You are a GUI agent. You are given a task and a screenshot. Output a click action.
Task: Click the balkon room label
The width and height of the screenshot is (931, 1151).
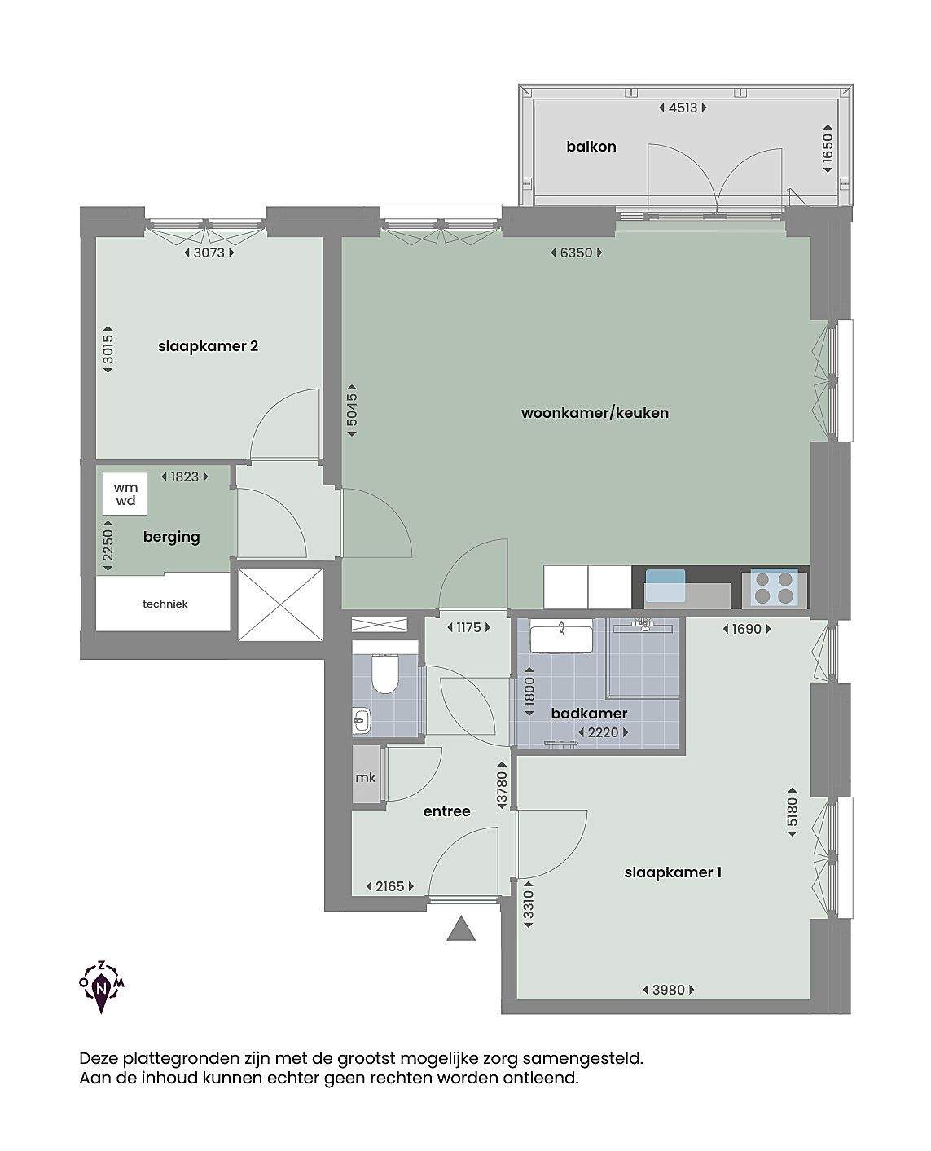pyautogui.click(x=591, y=147)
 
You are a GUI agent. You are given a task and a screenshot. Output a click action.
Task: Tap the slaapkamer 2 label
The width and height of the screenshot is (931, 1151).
pyautogui.click(x=208, y=346)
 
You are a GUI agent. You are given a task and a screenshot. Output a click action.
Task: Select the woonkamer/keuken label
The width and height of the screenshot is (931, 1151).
pyautogui.click(x=595, y=413)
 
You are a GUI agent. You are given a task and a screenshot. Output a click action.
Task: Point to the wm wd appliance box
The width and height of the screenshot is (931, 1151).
pyautogui.click(x=125, y=493)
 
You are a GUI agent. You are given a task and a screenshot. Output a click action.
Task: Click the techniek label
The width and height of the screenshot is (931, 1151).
pyautogui.click(x=165, y=604)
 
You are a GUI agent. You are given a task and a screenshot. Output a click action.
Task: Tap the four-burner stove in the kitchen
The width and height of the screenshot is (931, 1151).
pyautogui.click(x=775, y=588)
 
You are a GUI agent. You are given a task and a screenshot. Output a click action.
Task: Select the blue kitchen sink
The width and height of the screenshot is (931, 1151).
pyautogui.click(x=665, y=586)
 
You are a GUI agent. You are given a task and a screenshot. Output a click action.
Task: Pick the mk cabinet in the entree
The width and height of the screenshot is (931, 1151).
pyautogui.click(x=367, y=776)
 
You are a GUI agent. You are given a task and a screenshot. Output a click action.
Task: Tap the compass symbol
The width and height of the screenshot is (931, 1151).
pyautogui.click(x=102, y=986)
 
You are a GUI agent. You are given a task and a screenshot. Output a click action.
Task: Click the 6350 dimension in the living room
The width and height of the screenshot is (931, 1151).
pyautogui.click(x=576, y=253)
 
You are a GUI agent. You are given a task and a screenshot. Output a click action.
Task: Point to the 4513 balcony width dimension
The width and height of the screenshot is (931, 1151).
pyautogui.click(x=683, y=108)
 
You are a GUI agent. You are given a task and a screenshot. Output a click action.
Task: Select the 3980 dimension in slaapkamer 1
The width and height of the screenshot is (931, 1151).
pyautogui.click(x=669, y=990)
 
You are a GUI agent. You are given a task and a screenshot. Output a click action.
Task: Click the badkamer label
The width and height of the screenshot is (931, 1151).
pyautogui.click(x=589, y=714)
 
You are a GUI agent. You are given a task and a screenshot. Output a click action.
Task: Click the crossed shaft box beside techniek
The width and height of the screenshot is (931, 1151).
pyautogui.click(x=280, y=604)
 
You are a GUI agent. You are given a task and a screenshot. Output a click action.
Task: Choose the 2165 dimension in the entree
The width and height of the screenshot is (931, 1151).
pyautogui.click(x=390, y=886)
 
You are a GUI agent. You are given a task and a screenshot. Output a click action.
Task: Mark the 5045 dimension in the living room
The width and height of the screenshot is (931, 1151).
pyautogui.click(x=352, y=410)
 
